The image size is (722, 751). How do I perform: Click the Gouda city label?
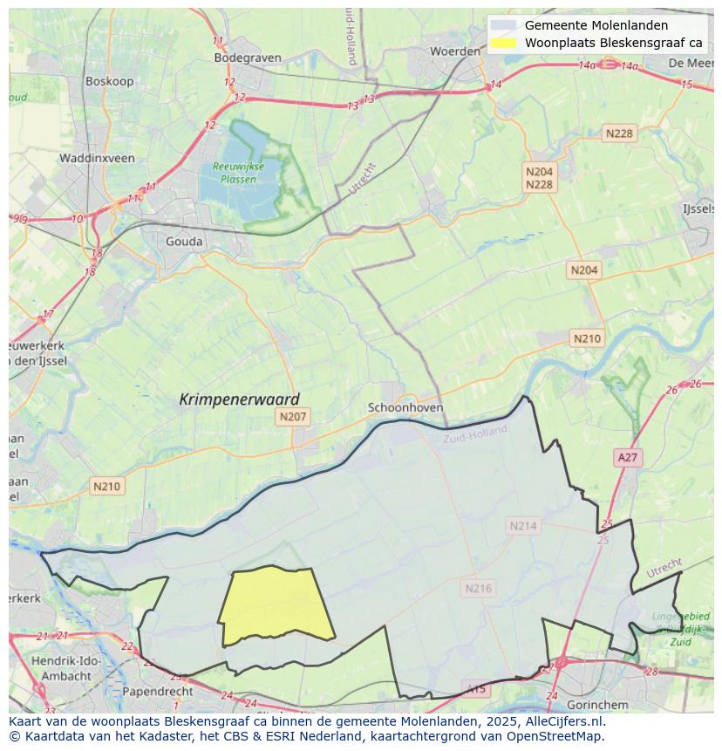point(184,242)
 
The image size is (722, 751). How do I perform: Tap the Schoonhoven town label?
point(405,407)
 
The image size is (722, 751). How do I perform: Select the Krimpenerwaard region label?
point(239,399)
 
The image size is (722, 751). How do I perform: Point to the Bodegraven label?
point(248,58)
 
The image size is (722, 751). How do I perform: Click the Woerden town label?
point(455,51)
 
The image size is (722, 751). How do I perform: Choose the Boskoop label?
point(108,80)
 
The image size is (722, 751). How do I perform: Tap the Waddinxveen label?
point(97,158)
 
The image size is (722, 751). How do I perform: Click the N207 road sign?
point(293,417)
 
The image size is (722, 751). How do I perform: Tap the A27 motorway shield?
point(627,457)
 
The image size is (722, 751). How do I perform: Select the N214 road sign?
point(523,525)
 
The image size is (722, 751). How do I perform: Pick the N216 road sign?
point(478,588)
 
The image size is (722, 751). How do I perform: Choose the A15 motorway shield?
point(476,689)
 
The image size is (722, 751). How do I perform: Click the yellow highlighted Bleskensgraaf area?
point(276,604)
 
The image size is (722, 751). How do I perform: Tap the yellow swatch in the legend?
point(503,42)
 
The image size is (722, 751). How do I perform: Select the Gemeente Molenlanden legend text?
point(596,25)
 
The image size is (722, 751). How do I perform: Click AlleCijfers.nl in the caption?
point(562,721)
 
